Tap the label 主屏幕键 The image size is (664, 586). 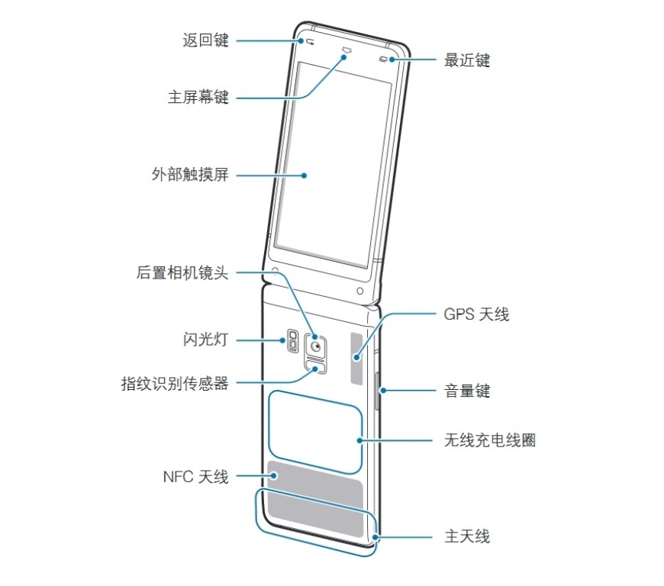coord(198,98)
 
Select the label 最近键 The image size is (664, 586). coord(467,60)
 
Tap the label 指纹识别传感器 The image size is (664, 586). coord(175,383)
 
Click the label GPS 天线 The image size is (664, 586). coord(476,314)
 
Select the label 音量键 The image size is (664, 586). coord(467,391)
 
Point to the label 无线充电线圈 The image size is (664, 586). coord(489,440)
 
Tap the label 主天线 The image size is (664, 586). coord(467,536)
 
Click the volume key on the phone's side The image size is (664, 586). coord(379,391)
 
